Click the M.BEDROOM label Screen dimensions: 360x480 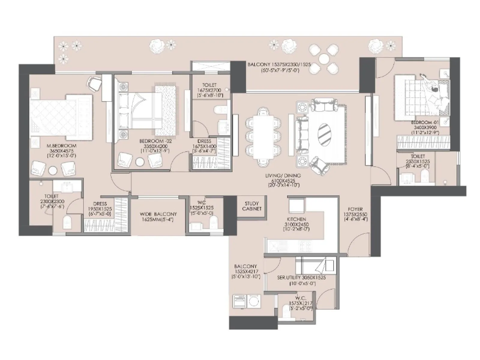point(61,146)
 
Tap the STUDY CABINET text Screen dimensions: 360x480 point(251,206)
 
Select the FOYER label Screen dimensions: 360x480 point(355,209)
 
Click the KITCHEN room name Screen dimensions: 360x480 point(296,219)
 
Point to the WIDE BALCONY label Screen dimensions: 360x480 point(158,214)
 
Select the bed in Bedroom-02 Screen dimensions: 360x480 point(141,111)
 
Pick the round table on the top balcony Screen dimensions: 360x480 point(324,58)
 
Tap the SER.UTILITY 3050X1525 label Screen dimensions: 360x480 point(301,278)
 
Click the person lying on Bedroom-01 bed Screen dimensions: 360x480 point(434,90)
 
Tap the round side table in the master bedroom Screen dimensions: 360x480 point(53,170)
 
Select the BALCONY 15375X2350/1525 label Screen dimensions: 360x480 point(279,64)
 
